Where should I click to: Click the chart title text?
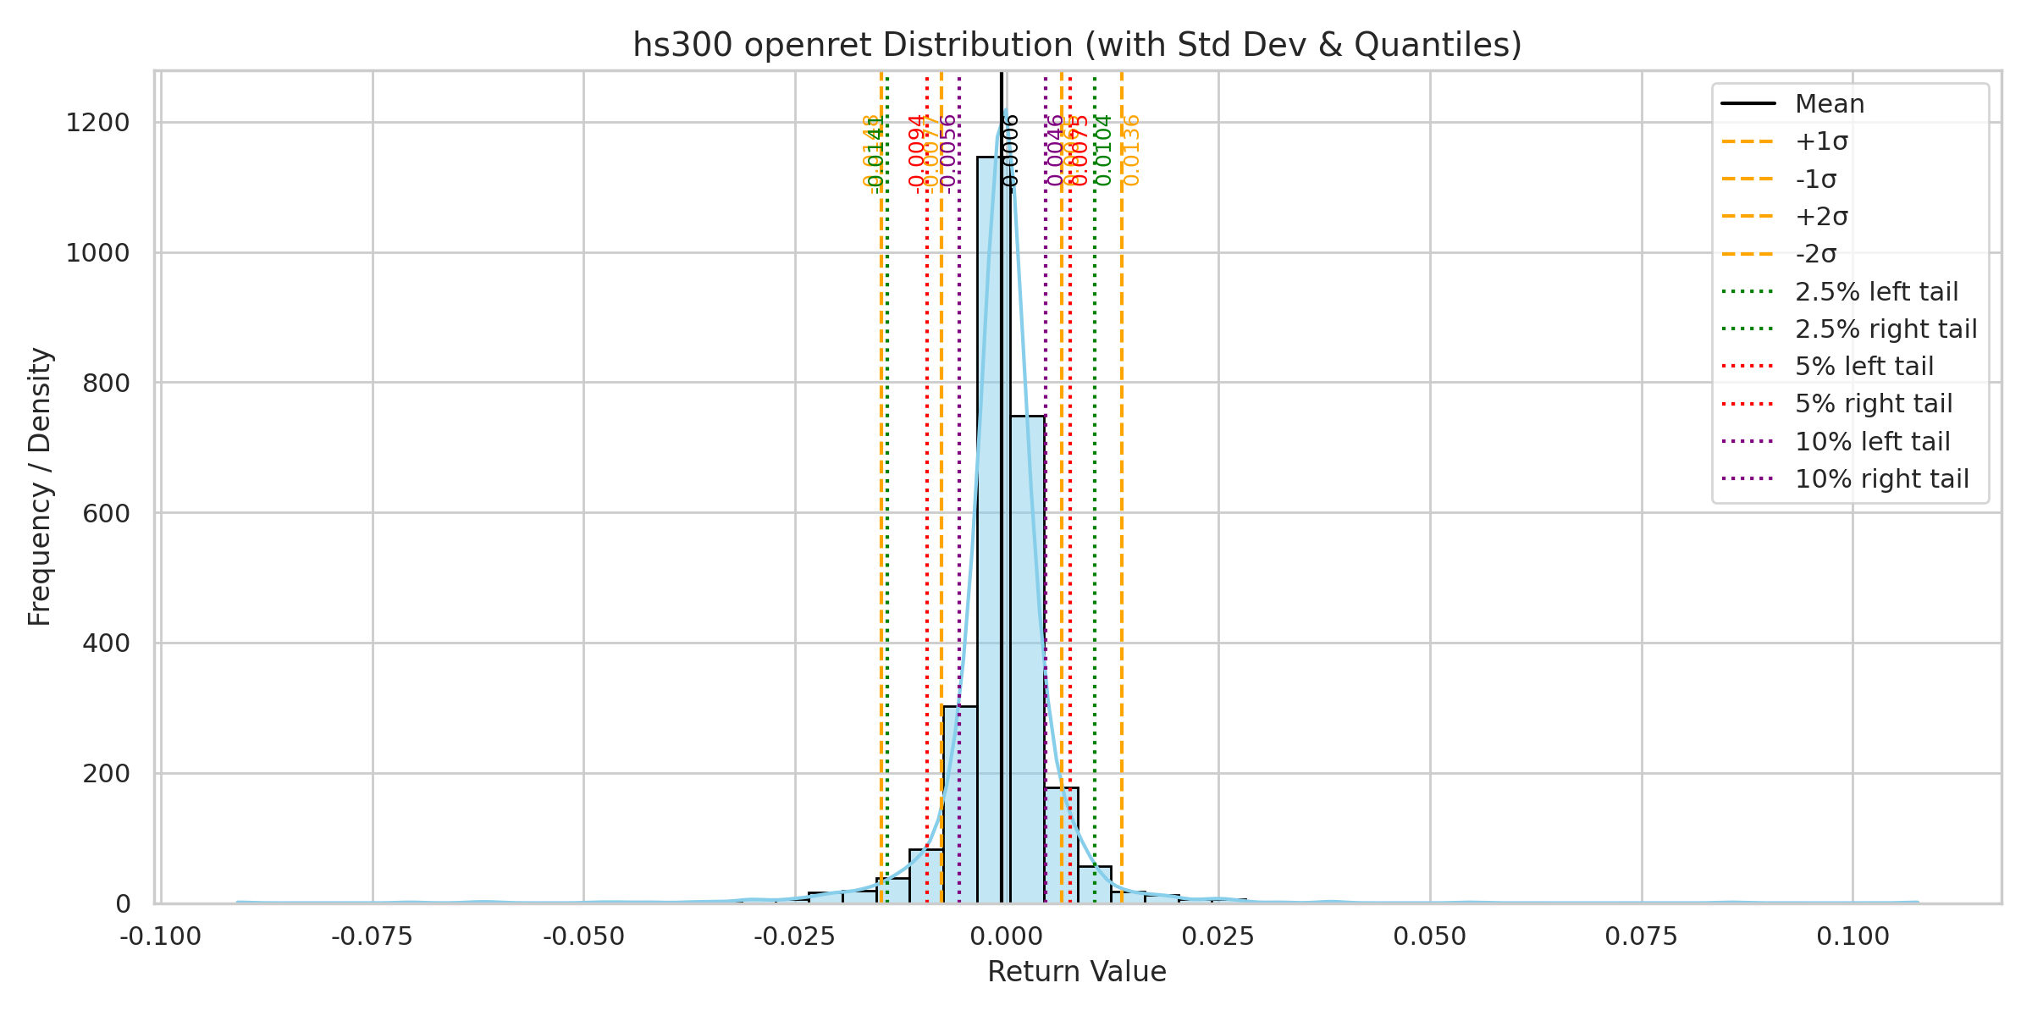(x=1077, y=45)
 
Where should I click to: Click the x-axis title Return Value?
(x=1077, y=972)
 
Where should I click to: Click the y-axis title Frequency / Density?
(x=41, y=487)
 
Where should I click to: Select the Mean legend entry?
(x=1829, y=104)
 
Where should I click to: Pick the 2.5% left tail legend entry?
(x=1876, y=292)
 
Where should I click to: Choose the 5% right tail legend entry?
(x=1873, y=404)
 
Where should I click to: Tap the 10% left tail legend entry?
(x=1872, y=442)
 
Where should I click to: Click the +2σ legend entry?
(x=1821, y=217)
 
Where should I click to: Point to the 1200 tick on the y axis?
(x=98, y=123)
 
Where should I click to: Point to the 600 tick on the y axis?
(x=106, y=513)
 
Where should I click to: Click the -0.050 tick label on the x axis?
(x=583, y=937)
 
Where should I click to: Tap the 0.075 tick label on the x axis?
(x=1642, y=937)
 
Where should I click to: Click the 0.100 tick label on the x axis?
(x=1853, y=937)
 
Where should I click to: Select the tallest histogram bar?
(x=993, y=525)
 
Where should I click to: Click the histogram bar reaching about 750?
(x=1027, y=660)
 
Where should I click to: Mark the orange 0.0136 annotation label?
(x=1132, y=150)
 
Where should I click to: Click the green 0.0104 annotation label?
(x=1104, y=150)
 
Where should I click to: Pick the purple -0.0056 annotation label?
(x=949, y=152)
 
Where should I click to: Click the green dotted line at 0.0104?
(x=1095, y=508)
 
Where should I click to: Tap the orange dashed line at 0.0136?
(x=1122, y=508)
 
